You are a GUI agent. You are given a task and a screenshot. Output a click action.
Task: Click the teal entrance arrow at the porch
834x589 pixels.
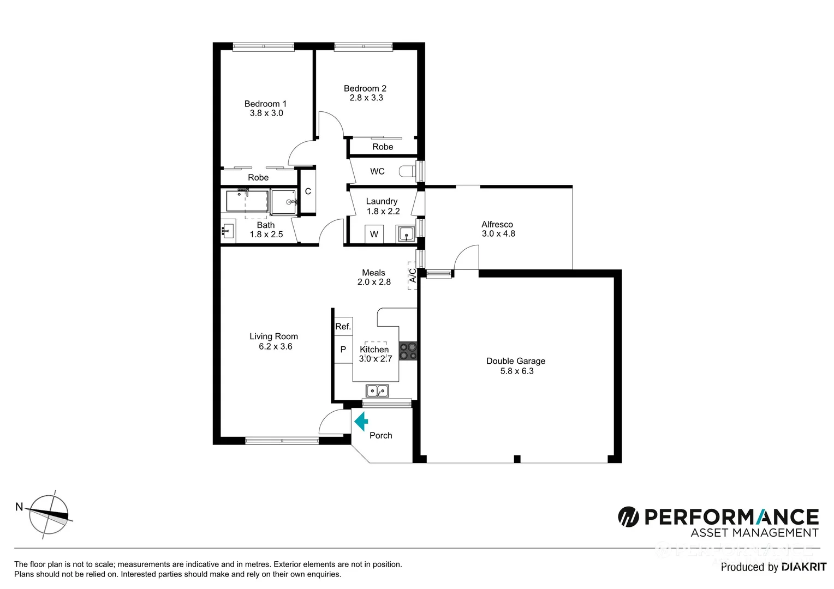(361, 422)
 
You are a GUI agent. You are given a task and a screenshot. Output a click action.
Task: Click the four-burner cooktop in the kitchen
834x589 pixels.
(408, 351)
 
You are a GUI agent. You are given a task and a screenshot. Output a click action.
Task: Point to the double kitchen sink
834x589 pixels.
(377, 390)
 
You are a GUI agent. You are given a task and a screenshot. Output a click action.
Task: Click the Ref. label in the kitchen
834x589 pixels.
(343, 327)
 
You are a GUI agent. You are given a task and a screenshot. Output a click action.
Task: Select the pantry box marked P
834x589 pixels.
(343, 350)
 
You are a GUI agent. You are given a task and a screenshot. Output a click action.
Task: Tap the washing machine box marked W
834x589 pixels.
(374, 235)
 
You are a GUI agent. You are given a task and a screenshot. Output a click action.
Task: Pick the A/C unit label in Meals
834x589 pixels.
(413, 275)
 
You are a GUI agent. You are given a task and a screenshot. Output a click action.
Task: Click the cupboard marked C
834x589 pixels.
(308, 191)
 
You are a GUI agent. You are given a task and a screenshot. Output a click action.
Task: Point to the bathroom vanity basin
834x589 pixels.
(228, 231)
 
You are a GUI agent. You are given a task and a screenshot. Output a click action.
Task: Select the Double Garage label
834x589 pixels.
(516, 361)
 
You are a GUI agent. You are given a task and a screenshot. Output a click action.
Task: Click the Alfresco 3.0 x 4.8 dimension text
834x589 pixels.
(498, 233)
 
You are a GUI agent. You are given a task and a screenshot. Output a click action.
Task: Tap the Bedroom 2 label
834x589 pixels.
(365, 88)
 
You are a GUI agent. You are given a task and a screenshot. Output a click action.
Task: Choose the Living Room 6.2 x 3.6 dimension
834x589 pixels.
(275, 346)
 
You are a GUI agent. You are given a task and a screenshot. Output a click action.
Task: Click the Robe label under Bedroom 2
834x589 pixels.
(383, 147)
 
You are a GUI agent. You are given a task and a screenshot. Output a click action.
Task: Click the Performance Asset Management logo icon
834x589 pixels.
(628, 516)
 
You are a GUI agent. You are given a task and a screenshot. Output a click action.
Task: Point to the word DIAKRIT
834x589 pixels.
(803, 567)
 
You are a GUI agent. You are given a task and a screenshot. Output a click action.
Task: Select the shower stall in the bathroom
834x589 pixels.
(284, 201)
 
